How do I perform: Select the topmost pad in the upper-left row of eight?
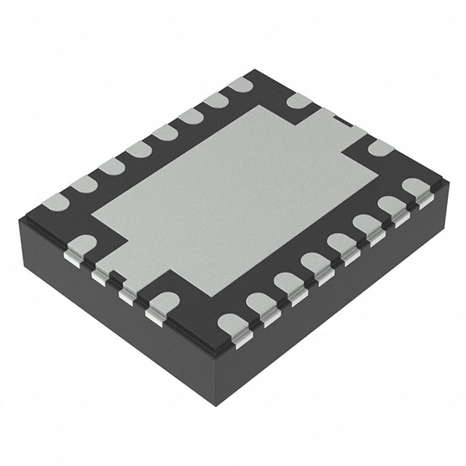pos(236,89)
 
